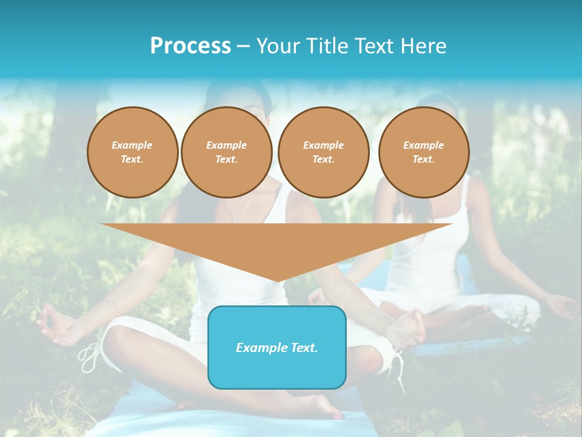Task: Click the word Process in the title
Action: [x=190, y=46]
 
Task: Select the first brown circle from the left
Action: [x=132, y=152]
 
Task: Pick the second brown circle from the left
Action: [x=226, y=152]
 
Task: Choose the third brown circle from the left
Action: [x=323, y=152]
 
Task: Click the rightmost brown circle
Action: [x=423, y=152]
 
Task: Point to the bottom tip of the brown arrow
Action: [x=277, y=280]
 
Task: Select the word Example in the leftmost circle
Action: [x=132, y=145]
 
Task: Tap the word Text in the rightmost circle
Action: [x=423, y=160]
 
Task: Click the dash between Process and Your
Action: [x=244, y=46]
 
